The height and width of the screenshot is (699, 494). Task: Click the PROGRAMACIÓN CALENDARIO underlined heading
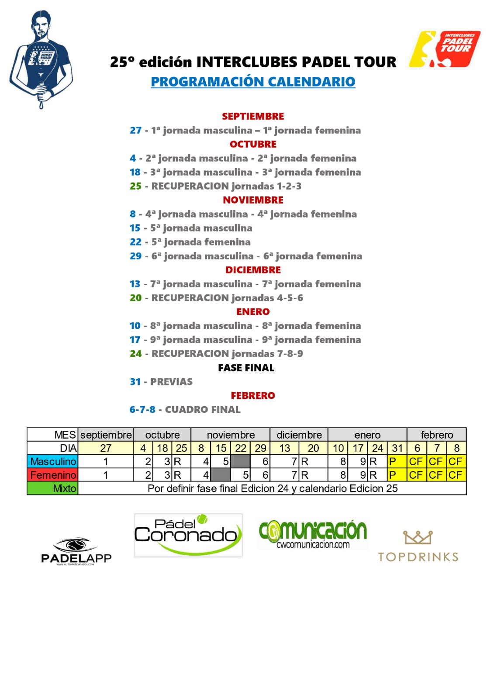click(253, 82)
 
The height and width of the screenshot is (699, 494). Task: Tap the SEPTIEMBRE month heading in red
click(253, 116)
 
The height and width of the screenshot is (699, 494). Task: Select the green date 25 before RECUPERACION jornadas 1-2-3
click(135, 186)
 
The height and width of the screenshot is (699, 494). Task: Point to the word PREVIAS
click(171, 382)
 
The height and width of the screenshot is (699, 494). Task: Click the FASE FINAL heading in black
click(246, 368)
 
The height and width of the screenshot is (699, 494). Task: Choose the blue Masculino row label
click(53, 462)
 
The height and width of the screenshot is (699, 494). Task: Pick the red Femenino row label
click(53, 475)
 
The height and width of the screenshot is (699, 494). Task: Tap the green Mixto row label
click(53, 488)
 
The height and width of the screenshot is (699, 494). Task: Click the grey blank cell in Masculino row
click(240, 462)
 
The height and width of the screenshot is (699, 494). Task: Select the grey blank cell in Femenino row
click(221, 475)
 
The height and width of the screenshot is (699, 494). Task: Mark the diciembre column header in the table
click(299, 435)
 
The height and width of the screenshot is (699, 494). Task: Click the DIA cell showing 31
click(397, 448)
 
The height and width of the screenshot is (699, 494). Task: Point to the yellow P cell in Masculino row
click(397, 462)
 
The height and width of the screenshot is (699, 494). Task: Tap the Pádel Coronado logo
click(188, 535)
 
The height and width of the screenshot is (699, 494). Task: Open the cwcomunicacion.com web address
click(313, 545)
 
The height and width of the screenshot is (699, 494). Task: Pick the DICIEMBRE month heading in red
click(253, 270)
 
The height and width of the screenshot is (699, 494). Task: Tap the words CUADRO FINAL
click(203, 410)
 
